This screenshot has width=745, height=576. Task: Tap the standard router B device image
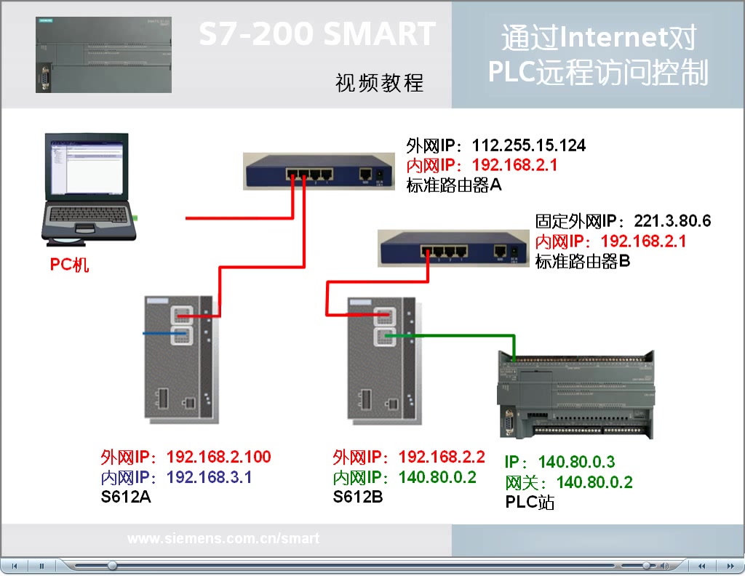pos(451,247)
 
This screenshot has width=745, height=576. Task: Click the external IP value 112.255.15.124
pos(528,145)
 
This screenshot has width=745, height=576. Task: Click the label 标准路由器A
pos(454,185)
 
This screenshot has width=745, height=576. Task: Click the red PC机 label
pos(69,265)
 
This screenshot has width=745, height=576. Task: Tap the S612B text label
pos(358,497)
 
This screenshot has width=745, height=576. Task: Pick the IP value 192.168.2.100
pos(218,457)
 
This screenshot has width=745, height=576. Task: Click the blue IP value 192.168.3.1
pos(210,478)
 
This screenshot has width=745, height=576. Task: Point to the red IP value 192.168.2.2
pos(442,457)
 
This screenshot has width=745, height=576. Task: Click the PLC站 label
pos(529,502)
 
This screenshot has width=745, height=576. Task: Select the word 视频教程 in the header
pos(379,83)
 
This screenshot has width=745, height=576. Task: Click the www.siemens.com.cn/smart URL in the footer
pos(223,539)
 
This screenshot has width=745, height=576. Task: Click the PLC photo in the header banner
pos(104,55)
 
